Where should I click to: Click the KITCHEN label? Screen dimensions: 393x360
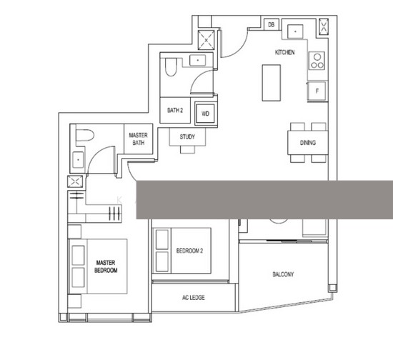click(x=284, y=52)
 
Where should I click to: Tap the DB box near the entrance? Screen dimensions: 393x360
click(x=272, y=24)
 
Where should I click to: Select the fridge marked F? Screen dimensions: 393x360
click(x=317, y=91)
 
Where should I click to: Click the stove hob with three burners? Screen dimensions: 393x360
click(x=317, y=61)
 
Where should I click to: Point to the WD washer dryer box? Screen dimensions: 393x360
click(x=205, y=114)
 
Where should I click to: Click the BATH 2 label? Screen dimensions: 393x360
click(x=175, y=110)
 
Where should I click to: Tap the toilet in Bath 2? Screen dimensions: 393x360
click(x=171, y=67)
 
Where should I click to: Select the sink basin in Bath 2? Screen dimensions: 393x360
click(x=198, y=60)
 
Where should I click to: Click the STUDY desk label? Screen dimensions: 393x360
click(x=187, y=136)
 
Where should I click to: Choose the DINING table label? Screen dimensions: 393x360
click(x=308, y=143)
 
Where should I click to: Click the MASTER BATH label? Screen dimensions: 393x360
click(x=138, y=139)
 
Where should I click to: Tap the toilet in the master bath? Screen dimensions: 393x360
click(x=85, y=135)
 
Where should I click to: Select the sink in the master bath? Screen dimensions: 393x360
click(x=78, y=159)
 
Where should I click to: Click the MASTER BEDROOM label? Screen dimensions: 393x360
click(x=106, y=266)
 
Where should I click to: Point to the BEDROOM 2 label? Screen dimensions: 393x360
click(x=189, y=251)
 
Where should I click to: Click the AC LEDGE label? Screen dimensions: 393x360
click(x=193, y=298)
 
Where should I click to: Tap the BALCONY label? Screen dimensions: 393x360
click(x=283, y=274)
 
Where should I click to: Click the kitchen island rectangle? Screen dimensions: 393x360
click(x=272, y=83)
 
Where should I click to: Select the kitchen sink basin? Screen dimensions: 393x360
click(x=295, y=31)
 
